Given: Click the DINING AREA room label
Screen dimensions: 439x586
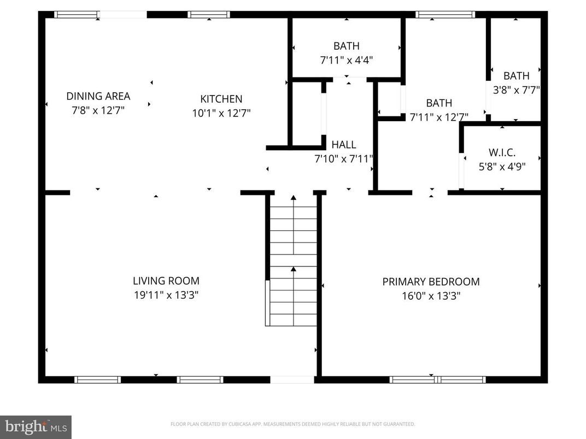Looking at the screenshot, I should [98, 96].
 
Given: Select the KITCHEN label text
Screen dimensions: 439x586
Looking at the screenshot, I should [221, 99].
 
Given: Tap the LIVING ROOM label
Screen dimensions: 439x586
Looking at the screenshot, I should [166, 281].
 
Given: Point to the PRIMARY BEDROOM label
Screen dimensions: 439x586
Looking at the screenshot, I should [431, 282].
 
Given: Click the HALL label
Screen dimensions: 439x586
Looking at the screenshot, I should [344, 145].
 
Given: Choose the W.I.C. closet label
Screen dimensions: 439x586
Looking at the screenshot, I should [502, 152].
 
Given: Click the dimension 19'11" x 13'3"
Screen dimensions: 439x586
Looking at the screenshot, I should [166, 295].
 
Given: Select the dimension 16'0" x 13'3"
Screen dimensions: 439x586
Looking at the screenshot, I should [431, 296].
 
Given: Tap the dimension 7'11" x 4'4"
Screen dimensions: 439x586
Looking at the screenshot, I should [347, 60].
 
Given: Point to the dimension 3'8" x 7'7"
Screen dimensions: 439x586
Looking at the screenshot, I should [516, 90].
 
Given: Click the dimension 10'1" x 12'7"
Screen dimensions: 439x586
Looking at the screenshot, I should [221, 113].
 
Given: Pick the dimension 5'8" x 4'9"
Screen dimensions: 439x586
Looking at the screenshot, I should [502, 167].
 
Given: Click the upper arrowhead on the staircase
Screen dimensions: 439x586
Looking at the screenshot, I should [294, 198].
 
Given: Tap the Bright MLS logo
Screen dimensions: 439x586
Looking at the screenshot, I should [36, 427].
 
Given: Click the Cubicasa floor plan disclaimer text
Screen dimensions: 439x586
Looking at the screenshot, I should [292, 424].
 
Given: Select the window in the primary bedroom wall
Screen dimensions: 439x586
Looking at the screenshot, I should [437, 379].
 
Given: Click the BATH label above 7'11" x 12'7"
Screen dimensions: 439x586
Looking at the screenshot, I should [439, 103].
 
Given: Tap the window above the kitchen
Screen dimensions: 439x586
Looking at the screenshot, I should [209, 15].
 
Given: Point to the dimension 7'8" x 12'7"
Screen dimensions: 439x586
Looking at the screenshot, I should [98, 110].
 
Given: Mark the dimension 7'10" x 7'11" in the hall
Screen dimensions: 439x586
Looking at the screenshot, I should [344, 159].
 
